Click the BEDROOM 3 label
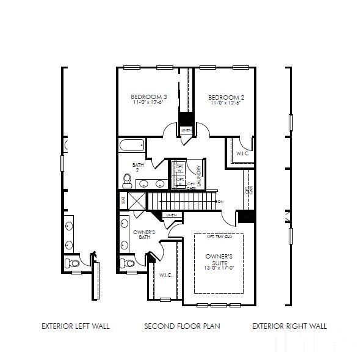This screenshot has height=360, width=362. [149, 97]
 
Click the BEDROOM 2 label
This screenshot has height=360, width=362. [226, 97]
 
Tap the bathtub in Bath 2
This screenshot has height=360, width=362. [131, 145]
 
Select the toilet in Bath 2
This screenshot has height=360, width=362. [127, 179]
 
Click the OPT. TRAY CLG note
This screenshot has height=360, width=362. [219, 236]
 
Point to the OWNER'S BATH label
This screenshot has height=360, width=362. [144, 235]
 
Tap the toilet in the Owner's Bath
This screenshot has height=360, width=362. [126, 263]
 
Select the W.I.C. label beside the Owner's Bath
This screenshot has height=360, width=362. [165, 275]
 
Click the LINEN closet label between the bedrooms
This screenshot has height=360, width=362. [186, 130]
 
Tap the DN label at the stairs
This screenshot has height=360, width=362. [220, 202]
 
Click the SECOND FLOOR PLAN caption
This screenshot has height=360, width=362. [182, 326]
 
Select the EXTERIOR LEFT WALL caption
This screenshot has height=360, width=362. [75, 326]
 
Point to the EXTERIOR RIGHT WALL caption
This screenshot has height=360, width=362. [289, 326]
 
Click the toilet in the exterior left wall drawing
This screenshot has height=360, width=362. [72, 263]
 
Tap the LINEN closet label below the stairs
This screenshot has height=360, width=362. [171, 215]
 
